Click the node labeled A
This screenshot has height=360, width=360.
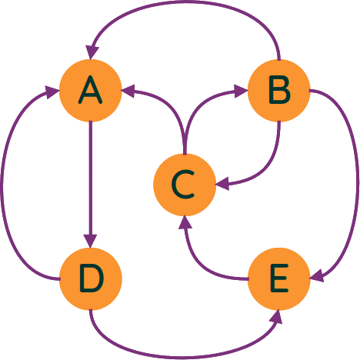coord(90,91)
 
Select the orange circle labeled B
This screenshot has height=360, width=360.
coord(279,91)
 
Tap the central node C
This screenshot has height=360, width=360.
coord(185,185)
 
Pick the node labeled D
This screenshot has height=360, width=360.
coord(91,279)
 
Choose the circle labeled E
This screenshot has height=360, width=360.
coord(279,279)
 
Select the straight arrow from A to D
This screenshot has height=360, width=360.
coord(91,185)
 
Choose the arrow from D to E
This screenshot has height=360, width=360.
coord(185,357)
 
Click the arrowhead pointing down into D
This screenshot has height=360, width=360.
coord(91,241)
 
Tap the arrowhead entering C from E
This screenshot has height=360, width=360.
coord(185,222)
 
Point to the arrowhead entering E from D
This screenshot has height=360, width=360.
coord(276,316)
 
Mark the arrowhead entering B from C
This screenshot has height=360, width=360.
coord(241,91)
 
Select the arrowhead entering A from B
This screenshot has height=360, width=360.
coord(92,53)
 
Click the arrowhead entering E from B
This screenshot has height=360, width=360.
coord(317,276)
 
